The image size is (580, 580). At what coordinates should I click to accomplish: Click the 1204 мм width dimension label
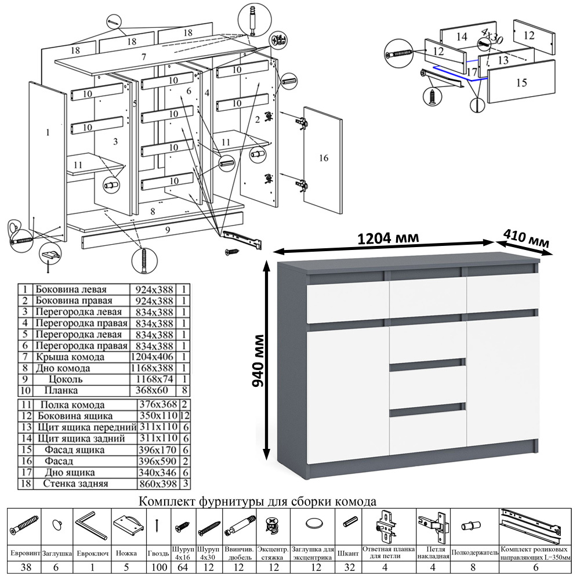[388, 238]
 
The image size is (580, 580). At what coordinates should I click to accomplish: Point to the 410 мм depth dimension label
[526, 239]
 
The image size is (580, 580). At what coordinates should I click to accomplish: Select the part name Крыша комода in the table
[70, 357]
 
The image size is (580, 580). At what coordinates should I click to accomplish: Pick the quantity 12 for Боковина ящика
[185, 416]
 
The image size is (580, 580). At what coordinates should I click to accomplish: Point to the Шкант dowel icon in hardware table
[350, 522]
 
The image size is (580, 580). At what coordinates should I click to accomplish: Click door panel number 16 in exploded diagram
[323, 158]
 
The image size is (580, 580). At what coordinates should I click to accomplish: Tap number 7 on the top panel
[143, 57]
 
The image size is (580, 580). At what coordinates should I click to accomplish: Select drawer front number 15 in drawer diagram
[521, 83]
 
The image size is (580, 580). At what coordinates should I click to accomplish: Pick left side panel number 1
[48, 132]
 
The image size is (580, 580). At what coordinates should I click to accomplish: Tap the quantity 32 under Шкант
[350, 567]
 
